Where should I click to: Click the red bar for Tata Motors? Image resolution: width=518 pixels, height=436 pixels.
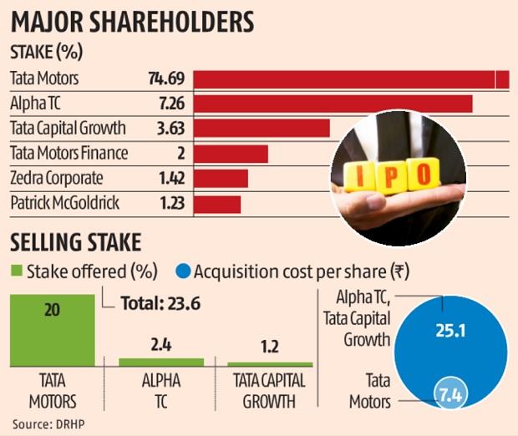pyautogui.click(x=351, y=79)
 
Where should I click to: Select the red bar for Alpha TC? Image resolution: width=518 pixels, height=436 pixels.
pyautogui.click(x=333, y=104)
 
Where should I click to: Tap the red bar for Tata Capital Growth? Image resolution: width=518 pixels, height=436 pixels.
pyautogui.click(x=262, y=129)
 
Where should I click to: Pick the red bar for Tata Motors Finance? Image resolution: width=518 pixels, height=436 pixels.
pyautogui.click(x=231, y=154)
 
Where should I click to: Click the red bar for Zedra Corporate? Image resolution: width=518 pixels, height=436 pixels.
pyautogui.click(x=221, y=179)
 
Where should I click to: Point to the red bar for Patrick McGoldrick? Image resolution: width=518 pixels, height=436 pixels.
pyautogui.click(x=217, y=204)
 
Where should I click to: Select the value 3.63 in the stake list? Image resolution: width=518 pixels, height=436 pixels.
pyautogui.click(x=170, y=129)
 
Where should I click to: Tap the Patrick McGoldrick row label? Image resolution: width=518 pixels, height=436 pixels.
pyautogui.click(x=64, y=204)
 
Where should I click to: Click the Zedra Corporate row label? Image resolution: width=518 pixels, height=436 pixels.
pyautogui.click(x=56, y=179)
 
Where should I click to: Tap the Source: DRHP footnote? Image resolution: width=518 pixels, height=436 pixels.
pyautogui.click(x=48, y=423)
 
